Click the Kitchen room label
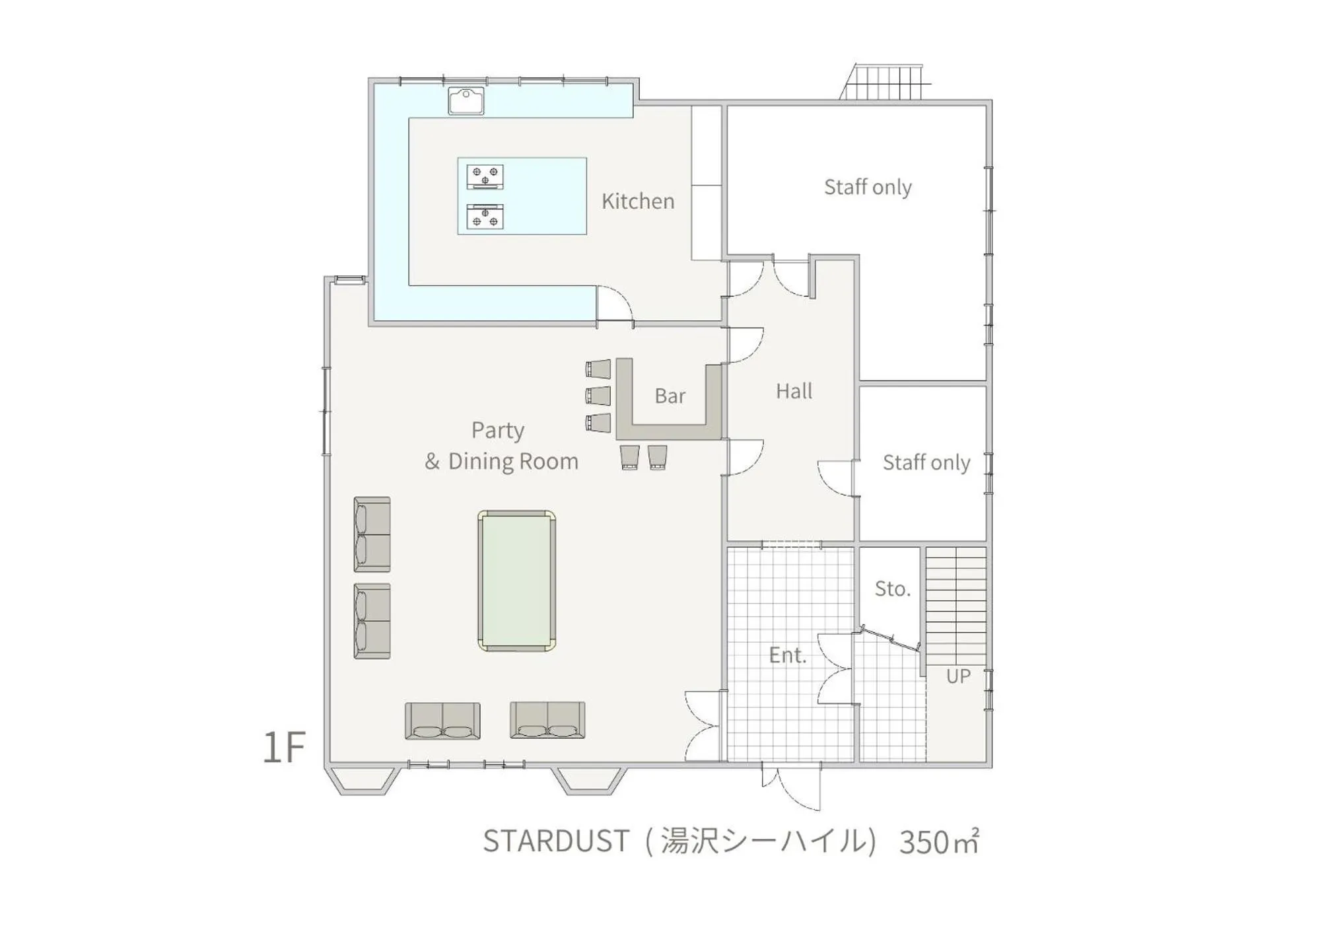click(x=637, y=201)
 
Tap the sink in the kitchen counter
click(x=466, y=101)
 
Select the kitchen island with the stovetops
click(x=522, y=196)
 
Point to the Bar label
click(x=670, y=396)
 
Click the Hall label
click(x=794, y=391)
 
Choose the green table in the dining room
click(x=516, y=581)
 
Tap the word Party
click(x=498, y=431)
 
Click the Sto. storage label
click(x=892, y=589)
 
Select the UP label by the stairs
click(x=958, y=676)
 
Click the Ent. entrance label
click(x=788, y=655)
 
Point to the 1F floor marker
click(x=284, y=747)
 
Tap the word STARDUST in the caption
click(x=556, y=842)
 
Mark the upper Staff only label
click(x=868, y=188)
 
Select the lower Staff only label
click(x=926, y=462)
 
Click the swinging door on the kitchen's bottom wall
click(x=614, y=306)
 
